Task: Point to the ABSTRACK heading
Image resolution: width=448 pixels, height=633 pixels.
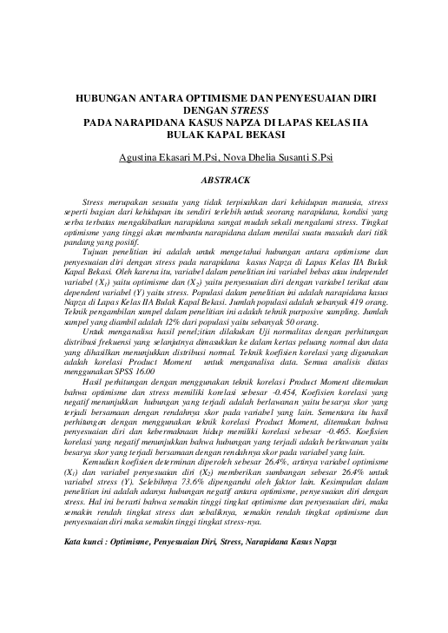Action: (x=225, y=181)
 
